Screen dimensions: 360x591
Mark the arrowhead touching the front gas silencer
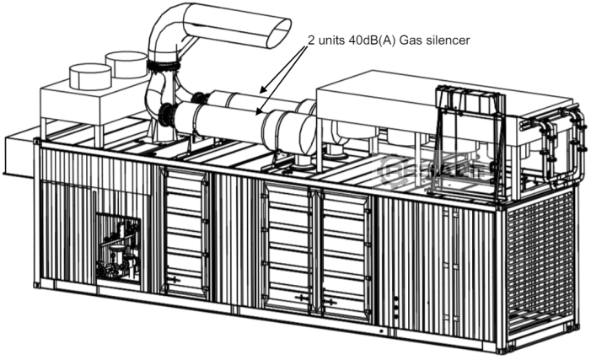pos(253,110)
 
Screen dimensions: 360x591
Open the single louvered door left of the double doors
pos(185,232)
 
